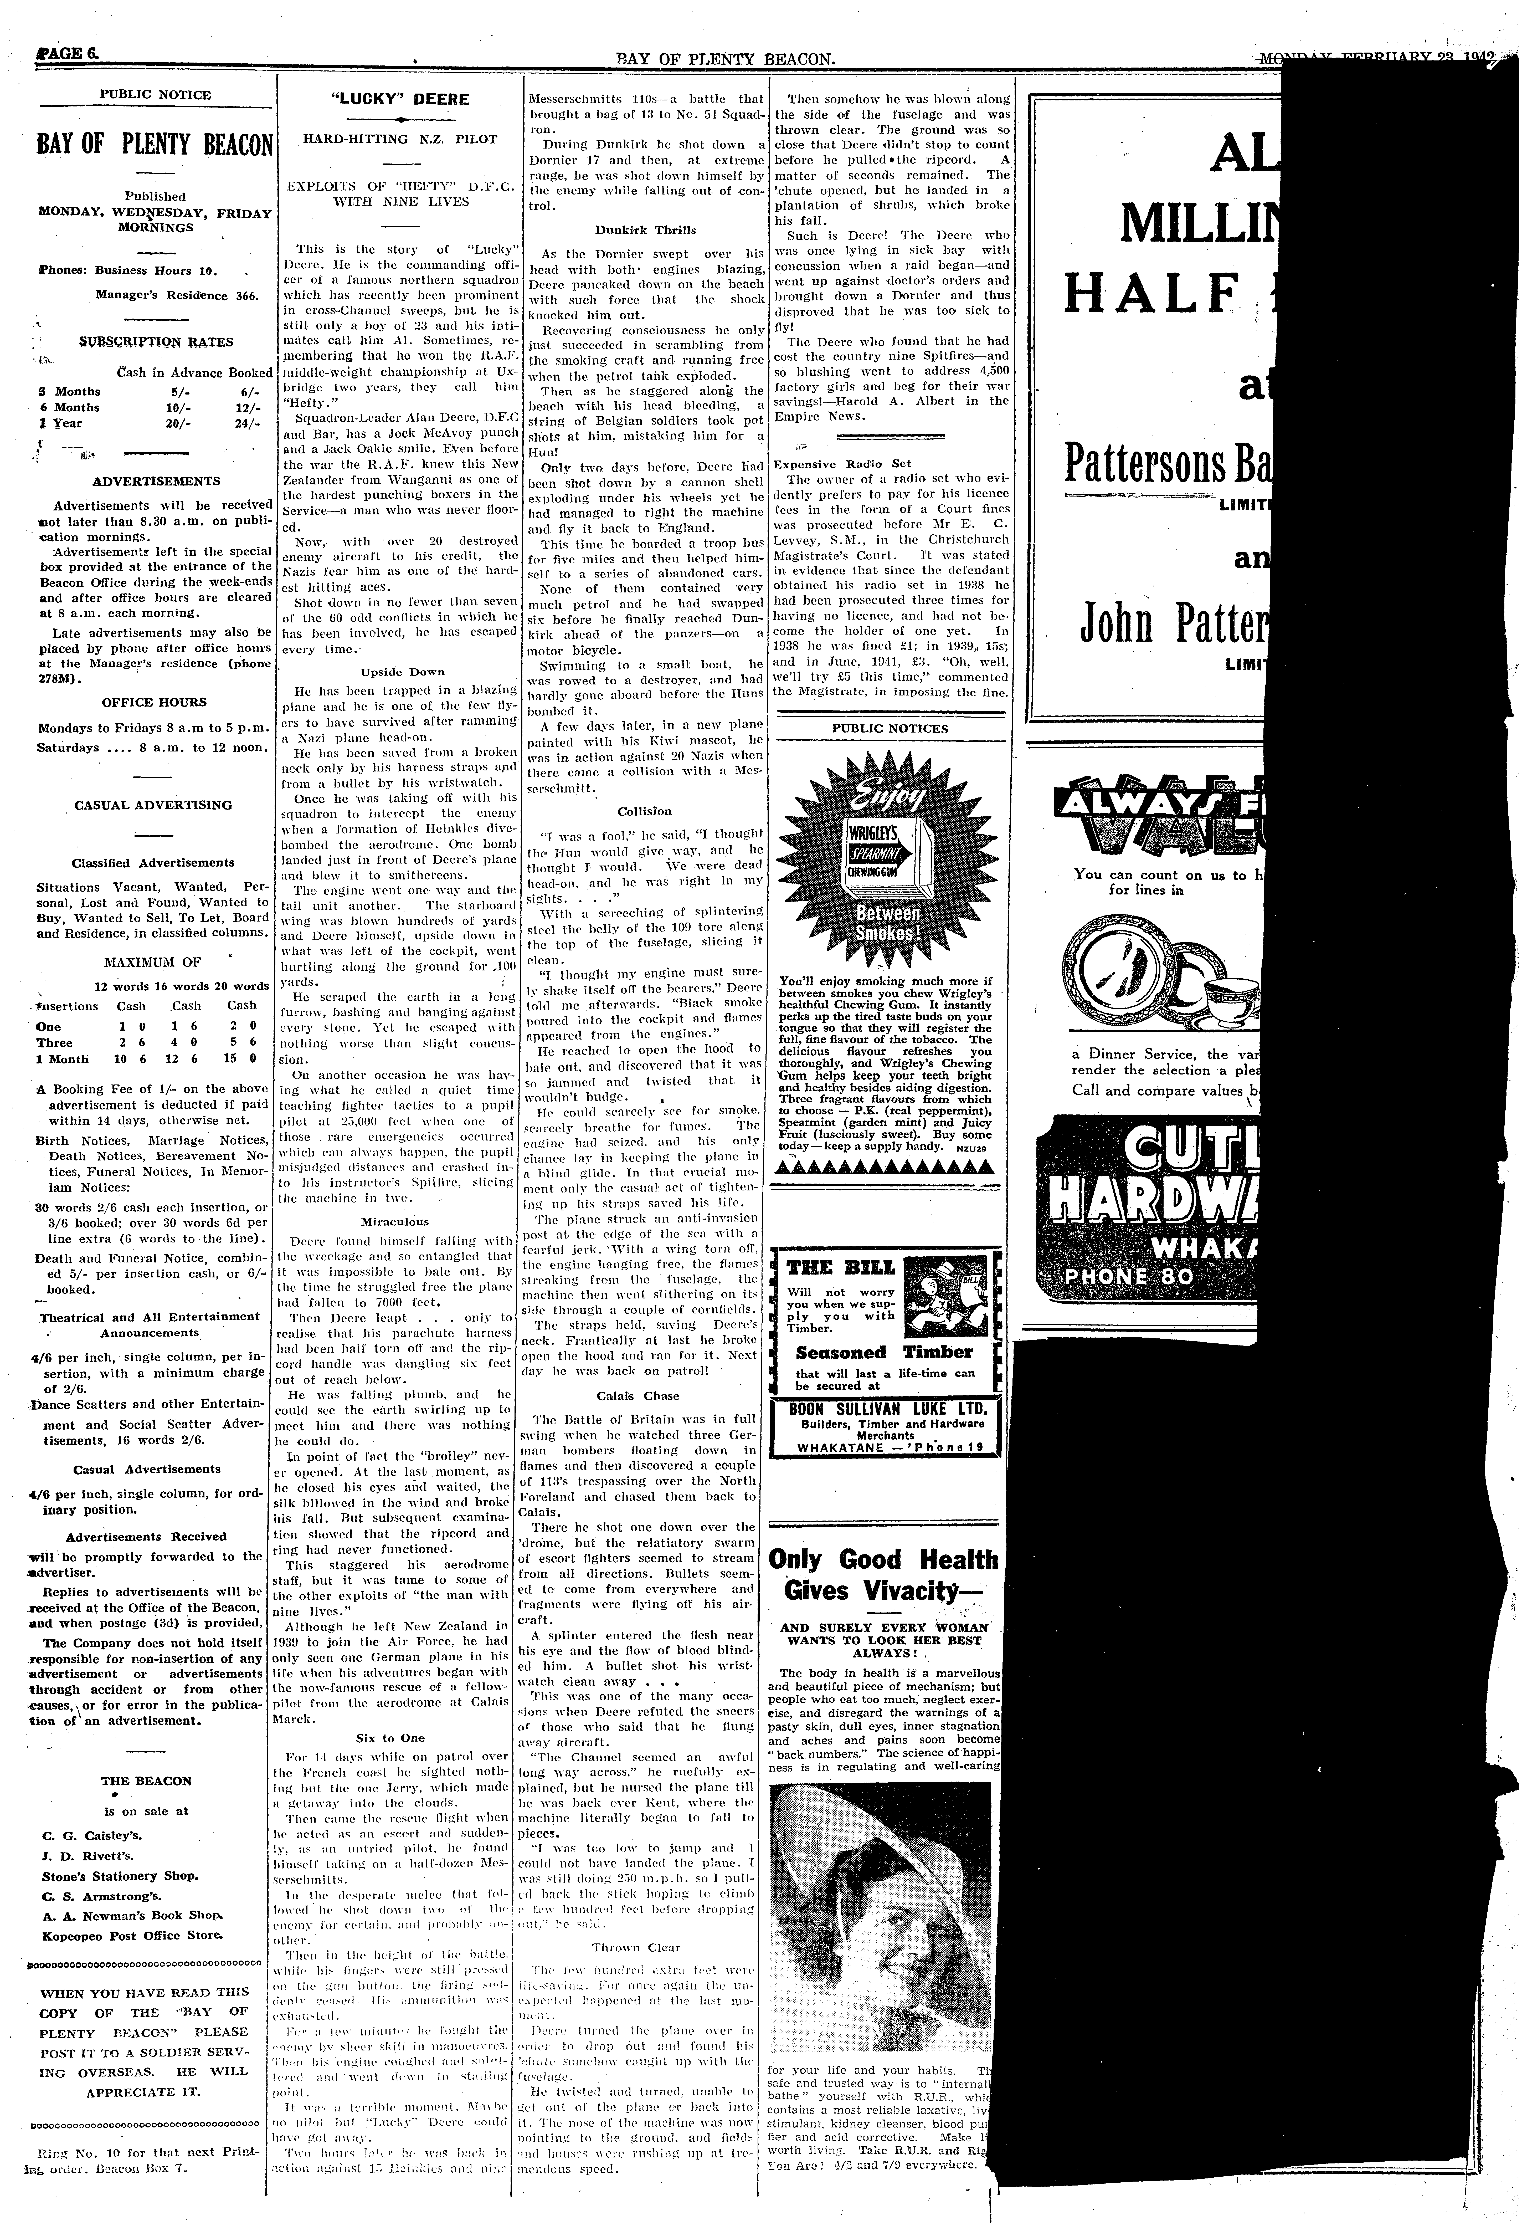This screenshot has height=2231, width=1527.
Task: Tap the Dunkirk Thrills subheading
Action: point(645,231)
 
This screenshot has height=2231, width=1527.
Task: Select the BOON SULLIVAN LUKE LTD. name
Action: point(887,1410)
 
